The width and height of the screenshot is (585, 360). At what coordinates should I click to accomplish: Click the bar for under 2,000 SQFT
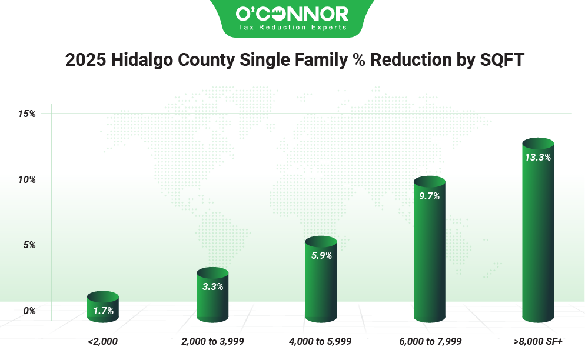[103, 306]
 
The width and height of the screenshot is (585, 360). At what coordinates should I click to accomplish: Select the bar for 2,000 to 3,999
[212, 295]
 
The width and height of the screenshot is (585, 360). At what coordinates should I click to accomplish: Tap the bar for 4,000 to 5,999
[321, 279]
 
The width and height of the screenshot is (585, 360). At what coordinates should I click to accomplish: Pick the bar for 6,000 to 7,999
[430, 249]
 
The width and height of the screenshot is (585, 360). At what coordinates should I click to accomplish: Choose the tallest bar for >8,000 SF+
[538, 230]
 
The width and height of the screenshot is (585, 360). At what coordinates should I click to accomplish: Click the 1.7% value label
[104, 311]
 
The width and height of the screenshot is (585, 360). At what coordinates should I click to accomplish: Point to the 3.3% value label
[213, 286]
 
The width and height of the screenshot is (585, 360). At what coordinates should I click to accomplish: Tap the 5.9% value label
[321, 255]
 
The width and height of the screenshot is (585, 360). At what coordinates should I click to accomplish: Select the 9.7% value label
[430, 196]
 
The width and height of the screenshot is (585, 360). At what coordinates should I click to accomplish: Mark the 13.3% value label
[538, 158]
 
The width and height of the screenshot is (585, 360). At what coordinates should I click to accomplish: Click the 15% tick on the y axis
[27, 114]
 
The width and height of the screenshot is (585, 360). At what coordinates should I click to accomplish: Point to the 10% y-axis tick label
[27, 179]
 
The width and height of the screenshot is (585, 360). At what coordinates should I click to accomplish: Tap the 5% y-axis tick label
[29, 245]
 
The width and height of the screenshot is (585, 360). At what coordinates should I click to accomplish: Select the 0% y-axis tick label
[29, 311]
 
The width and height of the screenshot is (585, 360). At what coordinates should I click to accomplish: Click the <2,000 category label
[102, 341]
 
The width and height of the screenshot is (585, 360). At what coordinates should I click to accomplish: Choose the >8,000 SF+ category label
[538, 341]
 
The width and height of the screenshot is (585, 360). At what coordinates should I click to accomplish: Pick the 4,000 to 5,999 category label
[320, 341]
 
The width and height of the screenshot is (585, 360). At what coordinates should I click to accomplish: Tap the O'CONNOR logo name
[292, 14]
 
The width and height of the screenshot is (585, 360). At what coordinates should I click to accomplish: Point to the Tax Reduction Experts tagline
[292, 27]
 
